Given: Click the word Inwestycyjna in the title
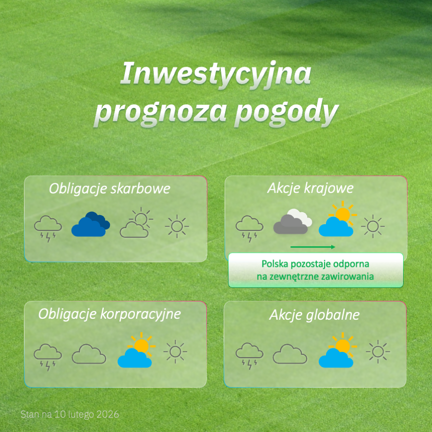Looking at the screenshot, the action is pos(216,74).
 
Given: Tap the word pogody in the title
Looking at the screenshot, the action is pos(287,112).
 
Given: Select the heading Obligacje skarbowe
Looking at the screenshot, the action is pos(109,189).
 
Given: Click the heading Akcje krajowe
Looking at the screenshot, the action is pos(310,189).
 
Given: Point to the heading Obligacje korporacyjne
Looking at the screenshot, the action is pos(109,314).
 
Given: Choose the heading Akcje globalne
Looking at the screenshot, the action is pos(314,315).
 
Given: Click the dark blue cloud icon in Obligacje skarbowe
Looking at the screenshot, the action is pos(91,224).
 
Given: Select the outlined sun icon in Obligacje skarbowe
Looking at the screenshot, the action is pos(177,226).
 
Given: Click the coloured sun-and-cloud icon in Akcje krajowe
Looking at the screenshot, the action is pos(337,219).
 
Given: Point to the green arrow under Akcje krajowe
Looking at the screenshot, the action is pos(312,247).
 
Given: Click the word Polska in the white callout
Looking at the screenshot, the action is pos(275,264).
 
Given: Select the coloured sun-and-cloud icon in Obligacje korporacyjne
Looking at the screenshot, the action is pos(136,350).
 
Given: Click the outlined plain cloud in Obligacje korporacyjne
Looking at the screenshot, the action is pos(89,354).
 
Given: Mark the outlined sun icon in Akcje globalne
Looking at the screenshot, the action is pos(378,351).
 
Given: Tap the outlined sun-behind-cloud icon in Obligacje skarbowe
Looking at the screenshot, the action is pos(136,223).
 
